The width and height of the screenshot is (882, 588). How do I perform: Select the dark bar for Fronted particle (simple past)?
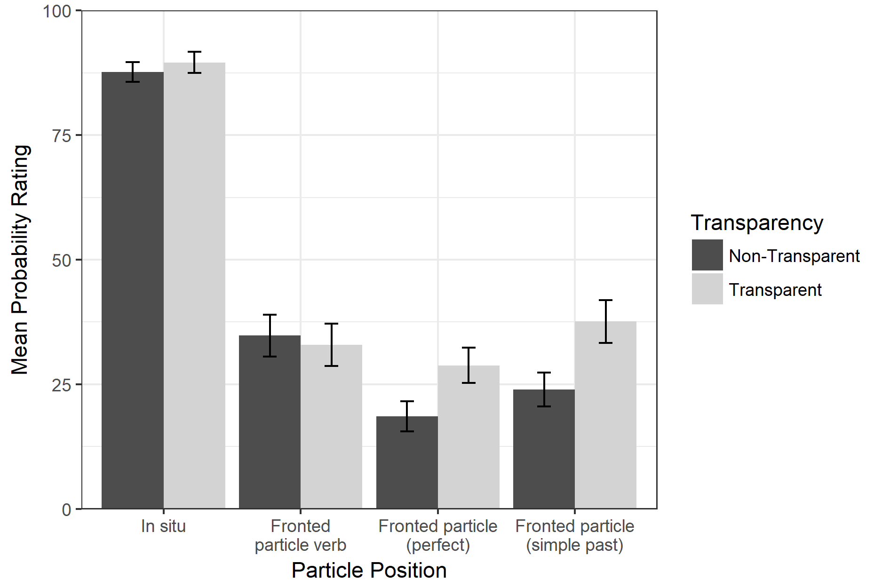544,449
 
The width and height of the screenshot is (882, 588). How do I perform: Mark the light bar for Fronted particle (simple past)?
605,414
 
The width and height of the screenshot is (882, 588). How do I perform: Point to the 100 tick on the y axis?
57,11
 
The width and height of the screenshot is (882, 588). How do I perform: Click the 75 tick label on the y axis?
61,136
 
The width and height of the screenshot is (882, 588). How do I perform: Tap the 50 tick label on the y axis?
61,260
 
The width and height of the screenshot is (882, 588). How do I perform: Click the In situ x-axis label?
163,526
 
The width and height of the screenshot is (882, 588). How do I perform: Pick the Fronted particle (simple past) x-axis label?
574,535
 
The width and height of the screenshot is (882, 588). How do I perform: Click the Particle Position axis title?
369,570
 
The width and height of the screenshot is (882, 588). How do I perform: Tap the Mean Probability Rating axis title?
21,260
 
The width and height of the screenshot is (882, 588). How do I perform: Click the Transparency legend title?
756,222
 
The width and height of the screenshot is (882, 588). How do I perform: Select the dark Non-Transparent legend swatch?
707,255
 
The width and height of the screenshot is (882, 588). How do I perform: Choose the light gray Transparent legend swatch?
707,289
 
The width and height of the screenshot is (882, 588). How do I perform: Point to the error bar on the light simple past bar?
605,321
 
